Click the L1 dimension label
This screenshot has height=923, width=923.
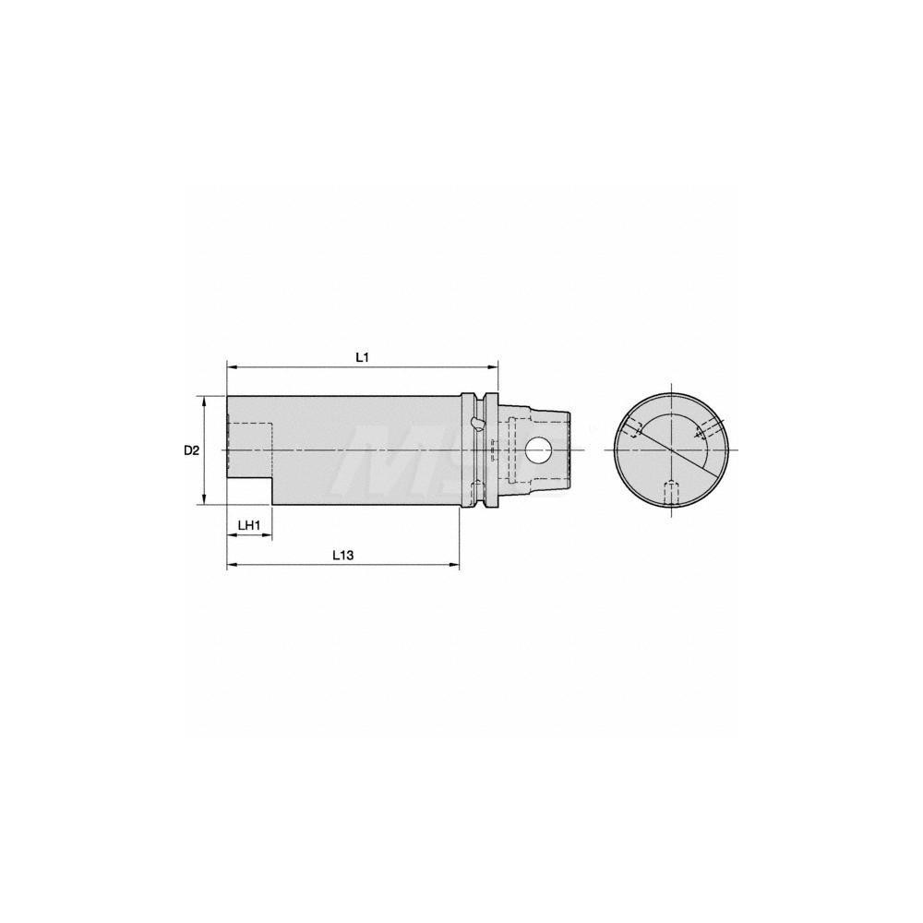point(363,356)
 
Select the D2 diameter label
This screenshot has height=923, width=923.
point(190,450)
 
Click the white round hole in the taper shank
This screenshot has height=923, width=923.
point(537,450)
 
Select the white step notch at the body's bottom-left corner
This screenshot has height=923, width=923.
point(249,492)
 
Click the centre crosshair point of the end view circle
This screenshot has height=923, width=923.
point(671,450)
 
